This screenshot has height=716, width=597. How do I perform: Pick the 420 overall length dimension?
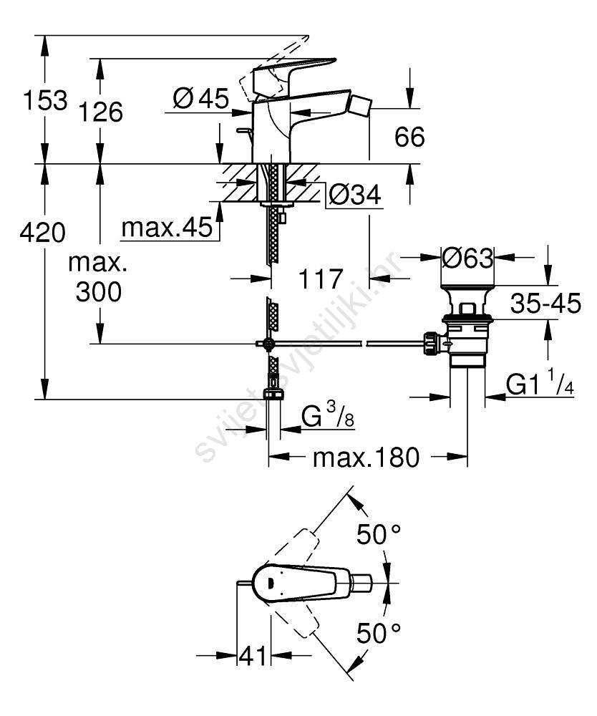click(x=43, y=232)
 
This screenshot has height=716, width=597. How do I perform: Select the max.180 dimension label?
click(x=366, y=457)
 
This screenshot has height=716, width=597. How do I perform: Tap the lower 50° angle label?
click(x=378, y=632)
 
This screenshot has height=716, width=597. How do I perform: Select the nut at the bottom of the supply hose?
click(x=272, y=393)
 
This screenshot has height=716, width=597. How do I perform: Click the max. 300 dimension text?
click(x=99, y=277)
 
